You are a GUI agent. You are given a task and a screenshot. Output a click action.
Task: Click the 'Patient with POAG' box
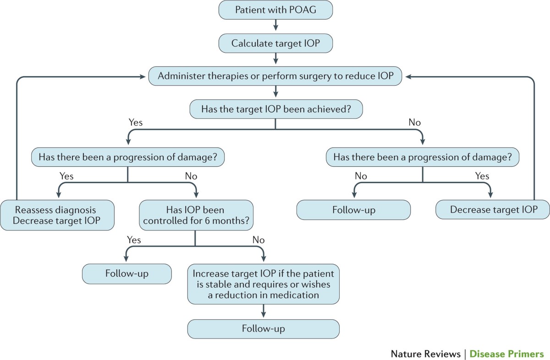(x=275, y=10)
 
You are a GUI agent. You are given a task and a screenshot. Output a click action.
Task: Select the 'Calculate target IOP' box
(x=275, y=44)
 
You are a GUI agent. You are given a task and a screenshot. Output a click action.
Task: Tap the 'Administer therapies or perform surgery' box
(x=275, y=76)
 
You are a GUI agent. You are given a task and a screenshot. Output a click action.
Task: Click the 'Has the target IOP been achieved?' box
(x=275, y=109)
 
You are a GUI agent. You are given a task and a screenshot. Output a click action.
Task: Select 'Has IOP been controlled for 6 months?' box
(x=195, y=215)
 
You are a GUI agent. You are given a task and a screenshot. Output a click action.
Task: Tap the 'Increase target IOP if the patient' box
(x=264, y=284)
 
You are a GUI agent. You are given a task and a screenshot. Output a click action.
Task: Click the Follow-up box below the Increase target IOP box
(x=264, y=329)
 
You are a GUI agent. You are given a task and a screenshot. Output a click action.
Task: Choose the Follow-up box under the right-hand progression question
(x=353, y=210)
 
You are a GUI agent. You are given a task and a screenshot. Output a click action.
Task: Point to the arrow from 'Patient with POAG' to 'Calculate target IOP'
(x=275, y=27)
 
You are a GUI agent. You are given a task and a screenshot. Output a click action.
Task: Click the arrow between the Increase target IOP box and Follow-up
(x=264, y=311)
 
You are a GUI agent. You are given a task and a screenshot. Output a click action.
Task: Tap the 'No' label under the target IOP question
(x=414, y=122)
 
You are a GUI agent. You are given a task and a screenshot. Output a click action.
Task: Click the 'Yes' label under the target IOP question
(x=135, y=122)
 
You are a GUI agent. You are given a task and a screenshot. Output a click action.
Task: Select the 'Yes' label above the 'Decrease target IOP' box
(x=482, y=176)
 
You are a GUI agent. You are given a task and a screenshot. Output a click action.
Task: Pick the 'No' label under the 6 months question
(x=258, y=239)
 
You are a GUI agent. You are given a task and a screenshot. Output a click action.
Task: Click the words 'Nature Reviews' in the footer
(x=425, y=354)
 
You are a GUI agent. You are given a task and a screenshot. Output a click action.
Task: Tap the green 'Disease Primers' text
(x=506, y=354)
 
